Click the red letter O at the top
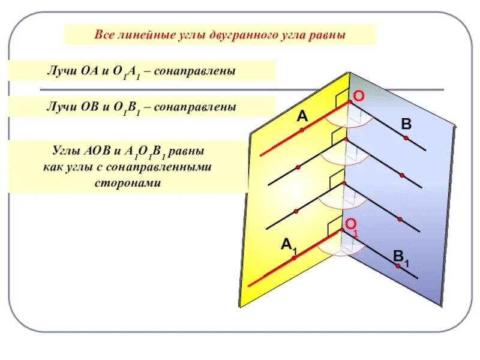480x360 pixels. (x=358, y=96)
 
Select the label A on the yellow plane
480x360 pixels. (x=302, y=116)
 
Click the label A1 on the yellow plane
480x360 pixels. (x=289, y=244)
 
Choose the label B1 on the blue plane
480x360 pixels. (x=401, y=258)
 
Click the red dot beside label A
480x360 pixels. (x=302, y=130)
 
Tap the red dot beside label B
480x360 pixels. (x=406, y=139)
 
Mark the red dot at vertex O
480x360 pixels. (x=349, y=101)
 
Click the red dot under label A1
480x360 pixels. (x=294, y=257)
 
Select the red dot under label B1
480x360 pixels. (x=397, y=266)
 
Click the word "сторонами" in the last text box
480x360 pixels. (x=128, y=182)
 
